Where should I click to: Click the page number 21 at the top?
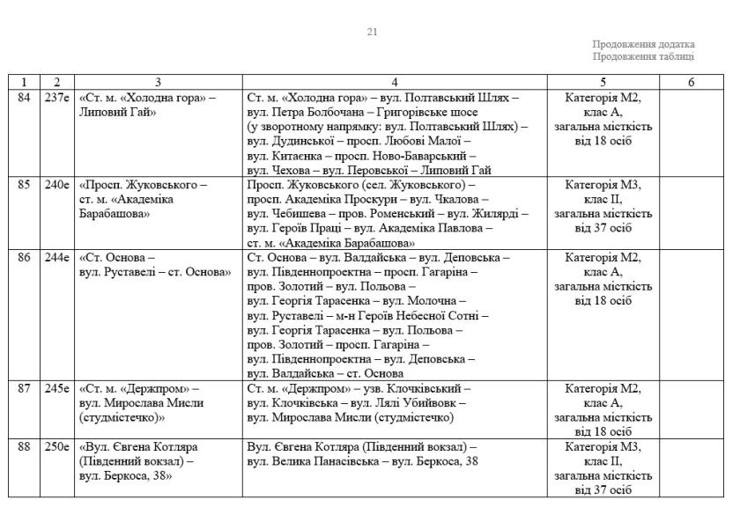pos(372,33)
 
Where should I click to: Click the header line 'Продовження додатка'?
pos(643,44)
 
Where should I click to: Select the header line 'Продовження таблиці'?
pos(643,56)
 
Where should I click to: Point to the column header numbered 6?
pos(691,82)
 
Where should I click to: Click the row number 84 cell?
pos(24,97)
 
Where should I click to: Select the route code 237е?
pos(56,97)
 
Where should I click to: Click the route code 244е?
pos(56,258)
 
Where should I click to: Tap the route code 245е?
pos(56,388)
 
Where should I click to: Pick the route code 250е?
pos(56,447)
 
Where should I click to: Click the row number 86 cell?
pos(24,258)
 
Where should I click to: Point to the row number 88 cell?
pos(24,447)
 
